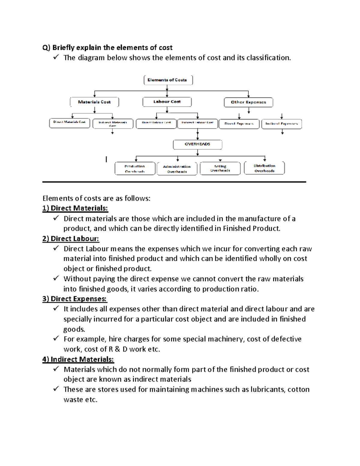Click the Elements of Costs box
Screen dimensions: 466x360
point(168,80)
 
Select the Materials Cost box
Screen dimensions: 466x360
point(94,102)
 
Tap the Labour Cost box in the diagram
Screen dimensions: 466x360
point(167,102)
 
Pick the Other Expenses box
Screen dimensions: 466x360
point(248,102)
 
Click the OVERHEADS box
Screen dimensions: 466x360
point(197,144)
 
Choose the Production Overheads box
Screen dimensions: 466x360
point(135,169)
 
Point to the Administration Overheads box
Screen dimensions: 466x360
point(177,169)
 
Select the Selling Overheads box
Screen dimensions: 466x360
point(220,168)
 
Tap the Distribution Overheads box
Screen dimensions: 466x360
point(264,168)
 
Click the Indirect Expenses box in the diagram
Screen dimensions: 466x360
point(281,124)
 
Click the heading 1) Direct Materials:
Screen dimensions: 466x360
point(75,208)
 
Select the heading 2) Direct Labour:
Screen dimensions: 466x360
point(70,239)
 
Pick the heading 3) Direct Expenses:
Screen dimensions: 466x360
point(74,299)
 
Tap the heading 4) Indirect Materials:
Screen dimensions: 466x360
point(78,359)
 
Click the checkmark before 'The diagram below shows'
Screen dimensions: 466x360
point(56,57)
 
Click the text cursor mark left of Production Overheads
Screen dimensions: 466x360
point(106,159)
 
